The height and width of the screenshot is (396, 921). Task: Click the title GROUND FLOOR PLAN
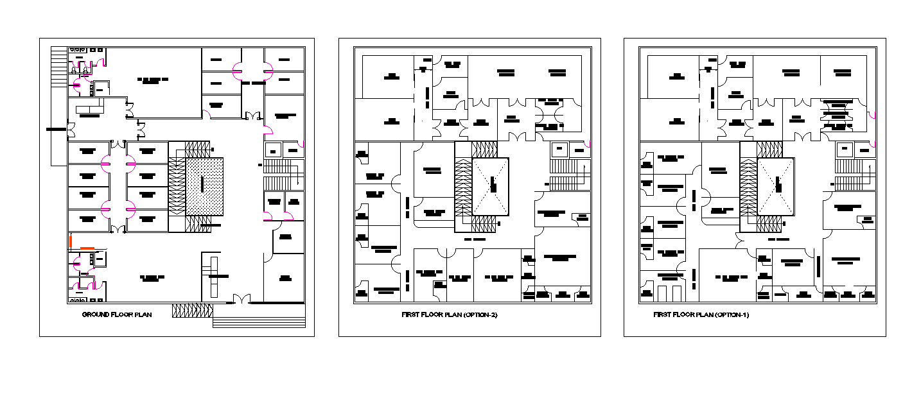point(117,314)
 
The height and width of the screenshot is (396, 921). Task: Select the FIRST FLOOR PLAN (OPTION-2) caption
point(450,314)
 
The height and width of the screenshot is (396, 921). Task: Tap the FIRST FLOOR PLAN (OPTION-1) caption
point(701,314)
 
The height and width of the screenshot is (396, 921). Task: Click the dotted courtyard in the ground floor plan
point(204,186)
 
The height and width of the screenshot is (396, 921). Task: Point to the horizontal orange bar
point(87,248)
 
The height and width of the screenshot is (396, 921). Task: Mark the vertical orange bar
point(71,241)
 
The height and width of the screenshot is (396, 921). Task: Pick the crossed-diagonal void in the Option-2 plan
point(491,186)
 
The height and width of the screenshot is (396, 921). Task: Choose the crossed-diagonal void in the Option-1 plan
point(776,186)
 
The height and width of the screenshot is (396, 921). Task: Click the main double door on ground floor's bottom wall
point(241,299)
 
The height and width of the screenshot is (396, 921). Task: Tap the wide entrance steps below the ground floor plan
point(259,316)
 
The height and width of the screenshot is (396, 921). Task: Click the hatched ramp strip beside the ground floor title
point(191,311)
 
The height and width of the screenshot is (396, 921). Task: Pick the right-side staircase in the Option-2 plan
point(569,174)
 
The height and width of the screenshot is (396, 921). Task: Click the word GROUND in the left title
point(96,314)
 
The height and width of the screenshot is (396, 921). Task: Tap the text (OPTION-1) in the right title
point(732,314)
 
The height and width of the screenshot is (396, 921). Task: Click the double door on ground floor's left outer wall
point(70,130)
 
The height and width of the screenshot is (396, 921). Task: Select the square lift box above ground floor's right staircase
point(273,150)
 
